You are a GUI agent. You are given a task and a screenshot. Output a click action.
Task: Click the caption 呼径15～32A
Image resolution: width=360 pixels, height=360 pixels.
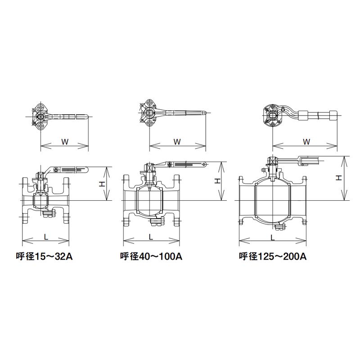pos(44,256)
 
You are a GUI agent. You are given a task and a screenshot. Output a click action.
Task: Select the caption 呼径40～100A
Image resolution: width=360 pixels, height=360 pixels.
pos(151,256)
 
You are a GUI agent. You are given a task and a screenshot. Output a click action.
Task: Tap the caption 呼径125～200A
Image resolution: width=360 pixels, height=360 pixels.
pos(273,256)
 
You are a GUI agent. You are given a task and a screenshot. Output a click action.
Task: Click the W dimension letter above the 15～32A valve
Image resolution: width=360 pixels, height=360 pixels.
pos(65,142)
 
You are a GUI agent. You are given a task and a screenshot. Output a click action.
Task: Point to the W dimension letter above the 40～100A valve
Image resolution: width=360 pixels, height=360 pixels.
pos(177,142)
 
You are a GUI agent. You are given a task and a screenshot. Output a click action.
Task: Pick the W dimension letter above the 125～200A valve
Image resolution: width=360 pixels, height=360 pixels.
pos(306,142)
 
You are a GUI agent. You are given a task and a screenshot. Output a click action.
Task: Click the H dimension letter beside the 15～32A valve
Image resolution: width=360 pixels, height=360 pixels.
pos(102,184)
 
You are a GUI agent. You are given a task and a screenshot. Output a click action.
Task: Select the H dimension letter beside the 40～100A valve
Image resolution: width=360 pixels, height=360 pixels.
pos(217,181)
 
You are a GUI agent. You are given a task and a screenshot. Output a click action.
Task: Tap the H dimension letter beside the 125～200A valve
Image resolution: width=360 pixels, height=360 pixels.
pos(339,177)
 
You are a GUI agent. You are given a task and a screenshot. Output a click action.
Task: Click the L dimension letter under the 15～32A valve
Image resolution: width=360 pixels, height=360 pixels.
pos(46,237)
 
